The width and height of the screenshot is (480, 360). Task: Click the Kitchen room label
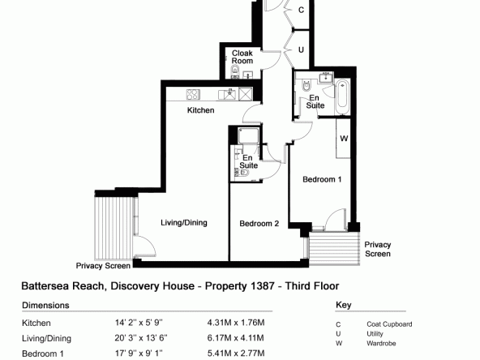pyautogui.click(x=200, y=110)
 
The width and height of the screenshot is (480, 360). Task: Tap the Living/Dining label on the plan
pyautogui.click(x=184, y=223)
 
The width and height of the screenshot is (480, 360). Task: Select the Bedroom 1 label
pyautogui.click(x=322, y=179)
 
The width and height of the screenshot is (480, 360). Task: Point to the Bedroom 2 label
pyautogui.click(x=259, y=224)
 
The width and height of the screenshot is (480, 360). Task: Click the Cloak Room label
pyautogui.click(x=242, y=57)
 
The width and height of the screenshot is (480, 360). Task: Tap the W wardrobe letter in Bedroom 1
pyautogui.click(x=344, y=139)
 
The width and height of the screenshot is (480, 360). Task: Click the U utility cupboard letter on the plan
pyautogui.click(x=302, y=49)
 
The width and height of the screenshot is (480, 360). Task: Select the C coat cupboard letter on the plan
pyautogui.click(x=302, y=10)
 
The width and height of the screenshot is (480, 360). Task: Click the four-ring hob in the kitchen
pyautogui.click(x=193, y=94)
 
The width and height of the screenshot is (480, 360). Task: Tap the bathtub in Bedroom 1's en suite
pyautogui.click(x=342, y=96)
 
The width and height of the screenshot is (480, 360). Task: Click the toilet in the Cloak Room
pyautogui.click(x=235, y=71)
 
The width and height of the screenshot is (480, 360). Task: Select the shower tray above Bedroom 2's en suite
pyautogui.click(x=248, y=136)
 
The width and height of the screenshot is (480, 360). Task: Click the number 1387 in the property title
pyautogui.click(x=263, y=286)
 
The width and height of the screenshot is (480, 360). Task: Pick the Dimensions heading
pyautogui.click(x=45, y=306)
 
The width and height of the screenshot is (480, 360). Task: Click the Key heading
pyautogui.click(x=344, y=305)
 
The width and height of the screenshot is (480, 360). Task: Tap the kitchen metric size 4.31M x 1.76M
pyautogui.click(x=236, y=323)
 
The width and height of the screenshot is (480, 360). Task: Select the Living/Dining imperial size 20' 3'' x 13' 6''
pyautogui.click(x=141, y=338)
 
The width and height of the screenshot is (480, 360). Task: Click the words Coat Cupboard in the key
pyautogui.click(x=389, y=324)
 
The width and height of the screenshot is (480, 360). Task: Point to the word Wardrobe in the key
pyautogui.click(x=381, y=344)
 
